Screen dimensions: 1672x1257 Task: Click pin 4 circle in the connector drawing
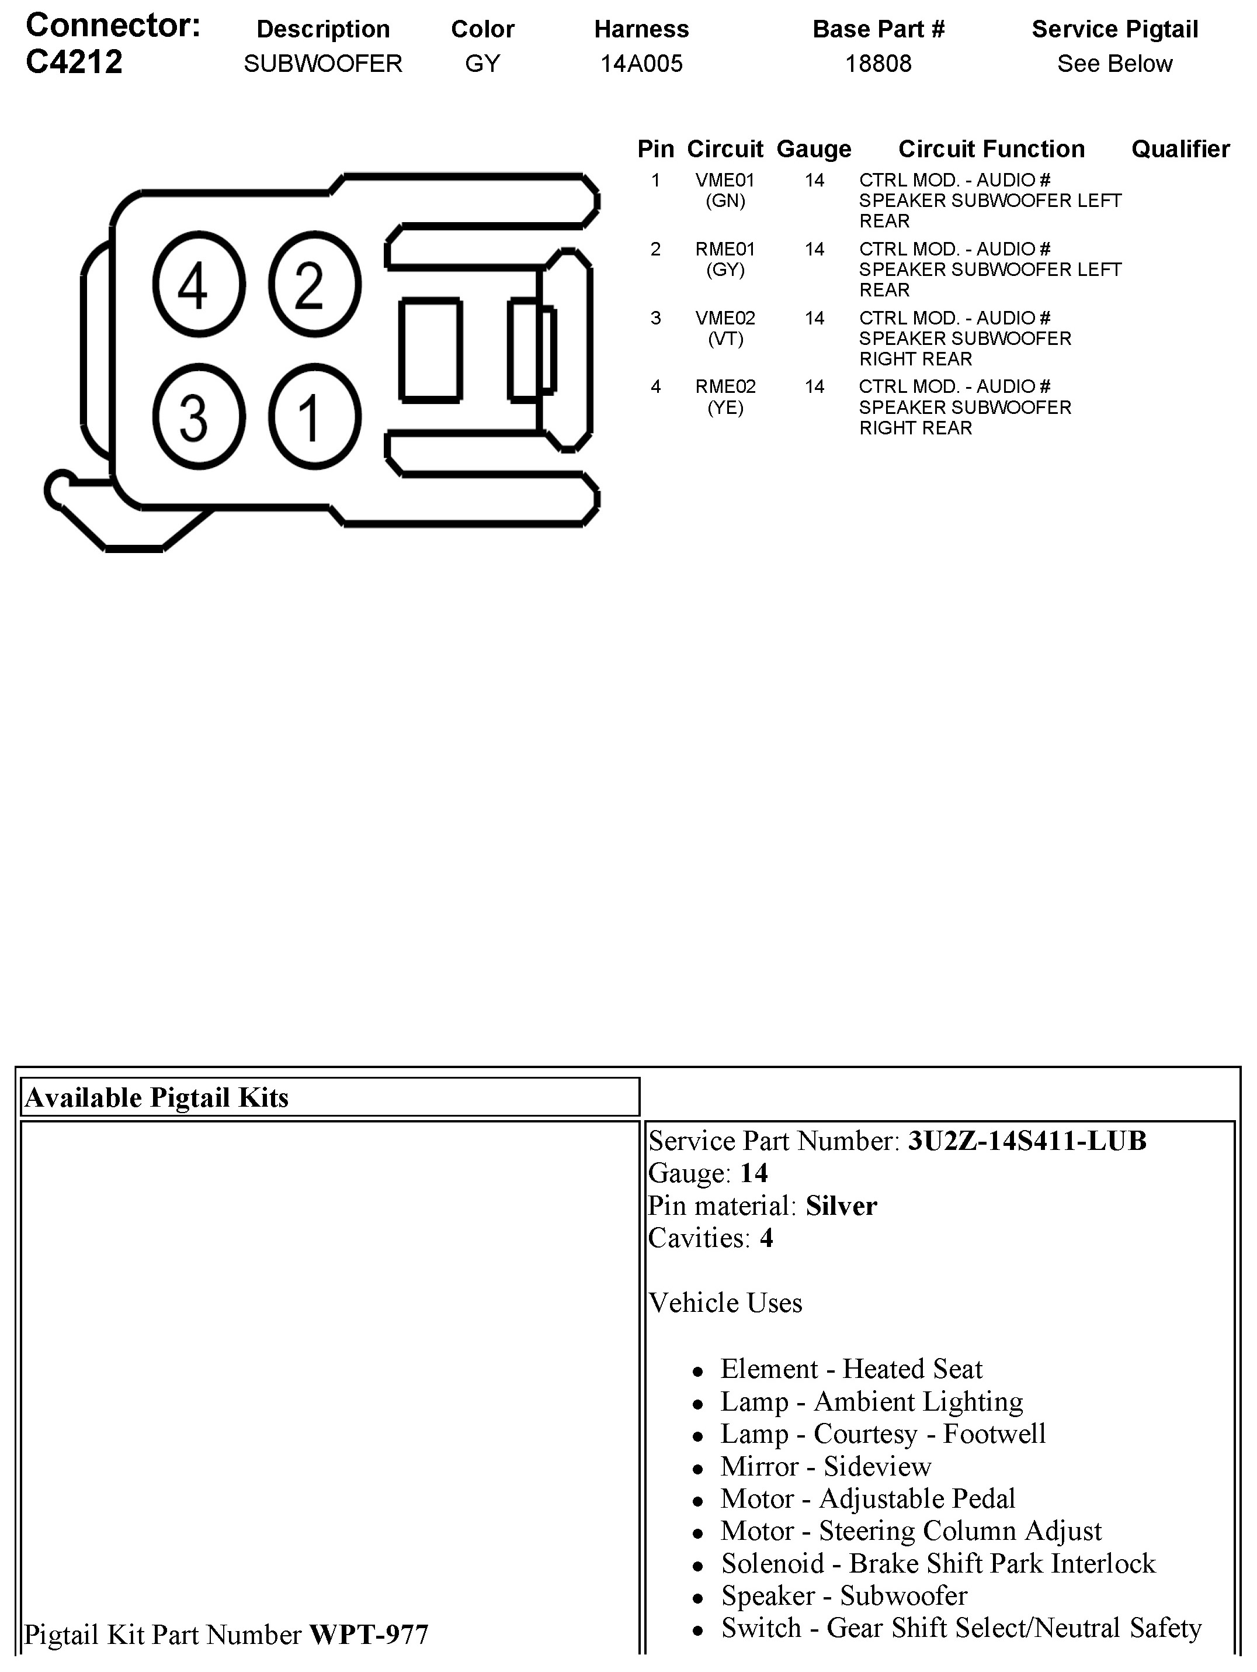click(x=199, y=285)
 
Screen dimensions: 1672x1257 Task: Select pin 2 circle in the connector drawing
click(x=314, y=285)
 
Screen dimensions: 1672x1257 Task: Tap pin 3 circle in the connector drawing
click(x=199, y=416)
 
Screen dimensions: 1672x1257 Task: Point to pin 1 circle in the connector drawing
click(x=314, y=416)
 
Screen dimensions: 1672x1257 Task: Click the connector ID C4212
click(x=74, y=62)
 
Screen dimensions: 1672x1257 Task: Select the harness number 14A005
click(x=641, y=64)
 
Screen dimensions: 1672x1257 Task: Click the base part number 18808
click(x=878, y=64)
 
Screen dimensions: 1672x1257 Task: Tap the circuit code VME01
click(x=724, y=180)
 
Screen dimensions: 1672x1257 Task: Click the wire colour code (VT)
click(x=725, y=338)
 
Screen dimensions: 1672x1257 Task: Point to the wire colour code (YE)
click(x=725, y=408)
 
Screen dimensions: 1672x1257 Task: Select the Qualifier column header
click(x=1180, y=149)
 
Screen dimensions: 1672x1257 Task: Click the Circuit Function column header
click(x=991, y=149)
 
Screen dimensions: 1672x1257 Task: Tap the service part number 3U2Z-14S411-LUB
click(x=1027, y=1141)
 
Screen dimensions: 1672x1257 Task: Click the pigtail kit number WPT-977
click(x=369, y=1634)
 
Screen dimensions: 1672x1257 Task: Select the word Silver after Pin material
click(x=841, y=1205)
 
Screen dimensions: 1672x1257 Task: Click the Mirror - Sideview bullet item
click(x=826, y=1466)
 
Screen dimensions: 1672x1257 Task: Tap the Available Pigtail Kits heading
click(x=157, y=1097)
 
